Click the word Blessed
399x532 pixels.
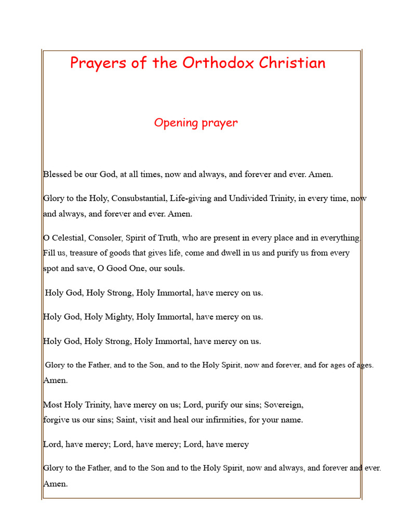pos(58,175)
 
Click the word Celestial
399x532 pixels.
pos(68,238)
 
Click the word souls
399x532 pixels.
pos(173,269)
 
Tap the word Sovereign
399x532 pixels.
pos(284,405)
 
